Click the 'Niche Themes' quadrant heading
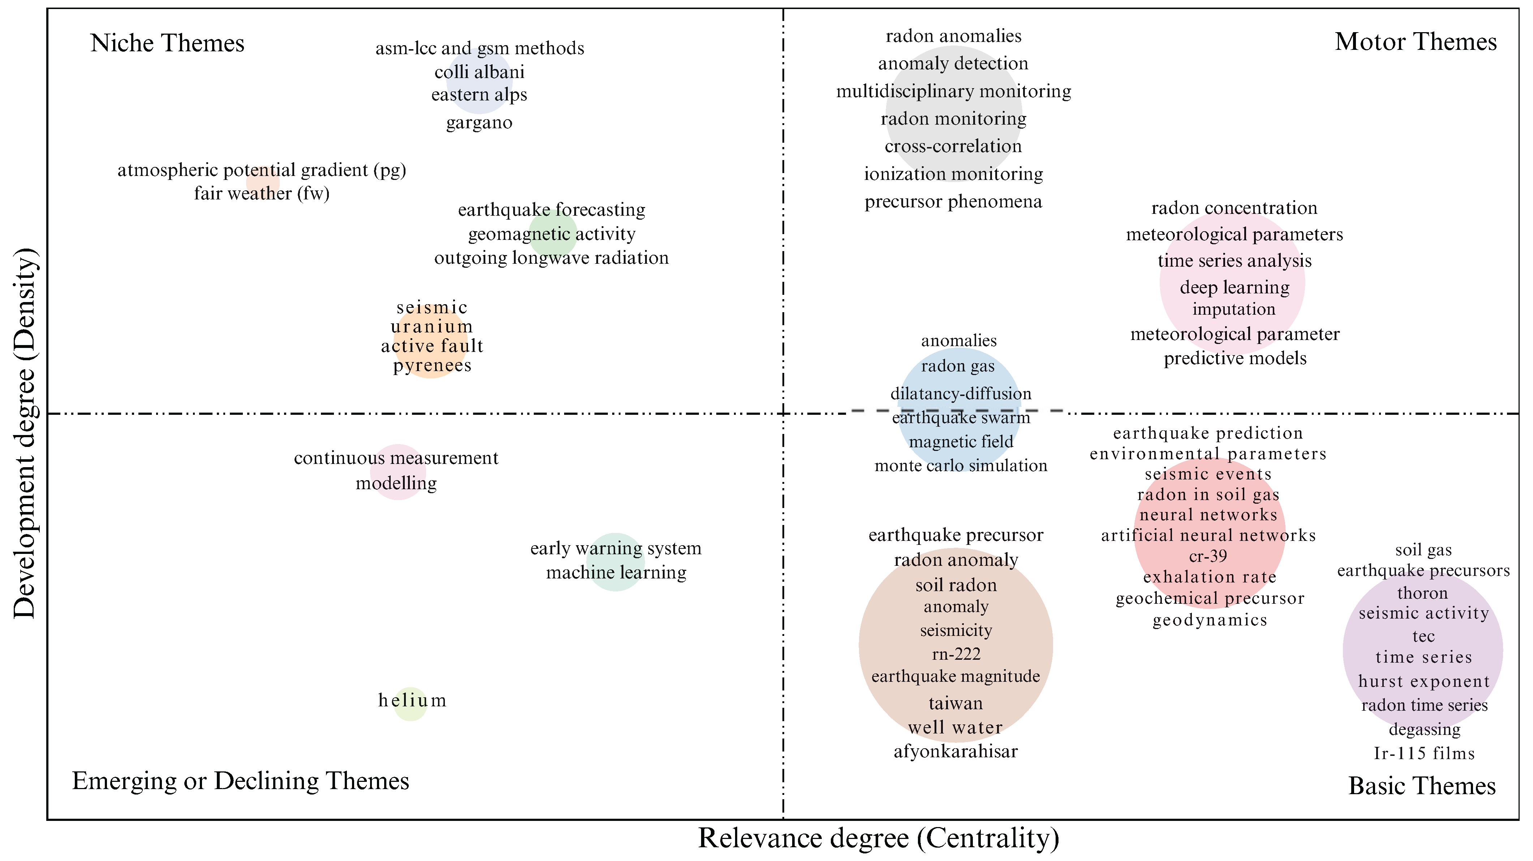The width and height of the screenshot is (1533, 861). (x=167, y=43)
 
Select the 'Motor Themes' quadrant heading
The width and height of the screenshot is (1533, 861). (x=1415, y=42)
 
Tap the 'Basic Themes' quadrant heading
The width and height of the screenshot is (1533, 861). (x=1421, y=786)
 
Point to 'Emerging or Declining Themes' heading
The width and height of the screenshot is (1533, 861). (x=240, y=781)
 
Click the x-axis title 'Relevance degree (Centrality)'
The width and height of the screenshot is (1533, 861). (x=879, y=838)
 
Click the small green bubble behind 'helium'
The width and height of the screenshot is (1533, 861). (x=411, y=712)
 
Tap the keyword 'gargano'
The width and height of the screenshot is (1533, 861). (x=479, y=122)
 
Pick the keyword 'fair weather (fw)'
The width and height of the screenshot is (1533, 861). (x=261, y=193)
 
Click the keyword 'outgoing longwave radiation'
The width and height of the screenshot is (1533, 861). (x=551, y=258)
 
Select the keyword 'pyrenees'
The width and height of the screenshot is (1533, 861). (x=432, y=365)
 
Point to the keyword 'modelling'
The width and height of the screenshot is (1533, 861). (x=396, y=483)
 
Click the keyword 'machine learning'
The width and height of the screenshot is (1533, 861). (x=616, y=572)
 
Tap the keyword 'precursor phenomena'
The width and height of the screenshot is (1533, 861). (x=953, y=202)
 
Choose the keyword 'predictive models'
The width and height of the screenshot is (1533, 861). (x=1235, y=358)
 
